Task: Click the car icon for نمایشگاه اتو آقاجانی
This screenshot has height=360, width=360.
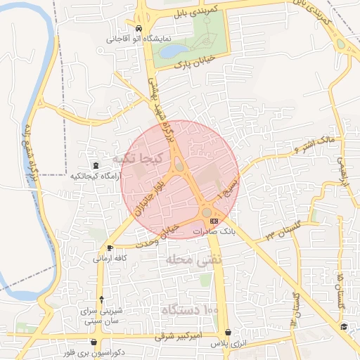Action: click(139, 29)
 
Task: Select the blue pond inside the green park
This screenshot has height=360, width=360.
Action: click(173, 51)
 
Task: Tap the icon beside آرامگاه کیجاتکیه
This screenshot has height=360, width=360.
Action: click(96, 165)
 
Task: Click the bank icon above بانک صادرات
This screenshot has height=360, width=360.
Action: click(214, 221)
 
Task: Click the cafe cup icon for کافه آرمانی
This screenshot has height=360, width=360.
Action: click(110, 247)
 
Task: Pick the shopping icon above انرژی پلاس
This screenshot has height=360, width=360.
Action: click(228, 333)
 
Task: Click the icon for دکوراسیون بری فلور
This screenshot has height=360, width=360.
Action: click(94, 342)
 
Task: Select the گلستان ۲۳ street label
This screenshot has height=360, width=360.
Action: click(279, 231)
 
